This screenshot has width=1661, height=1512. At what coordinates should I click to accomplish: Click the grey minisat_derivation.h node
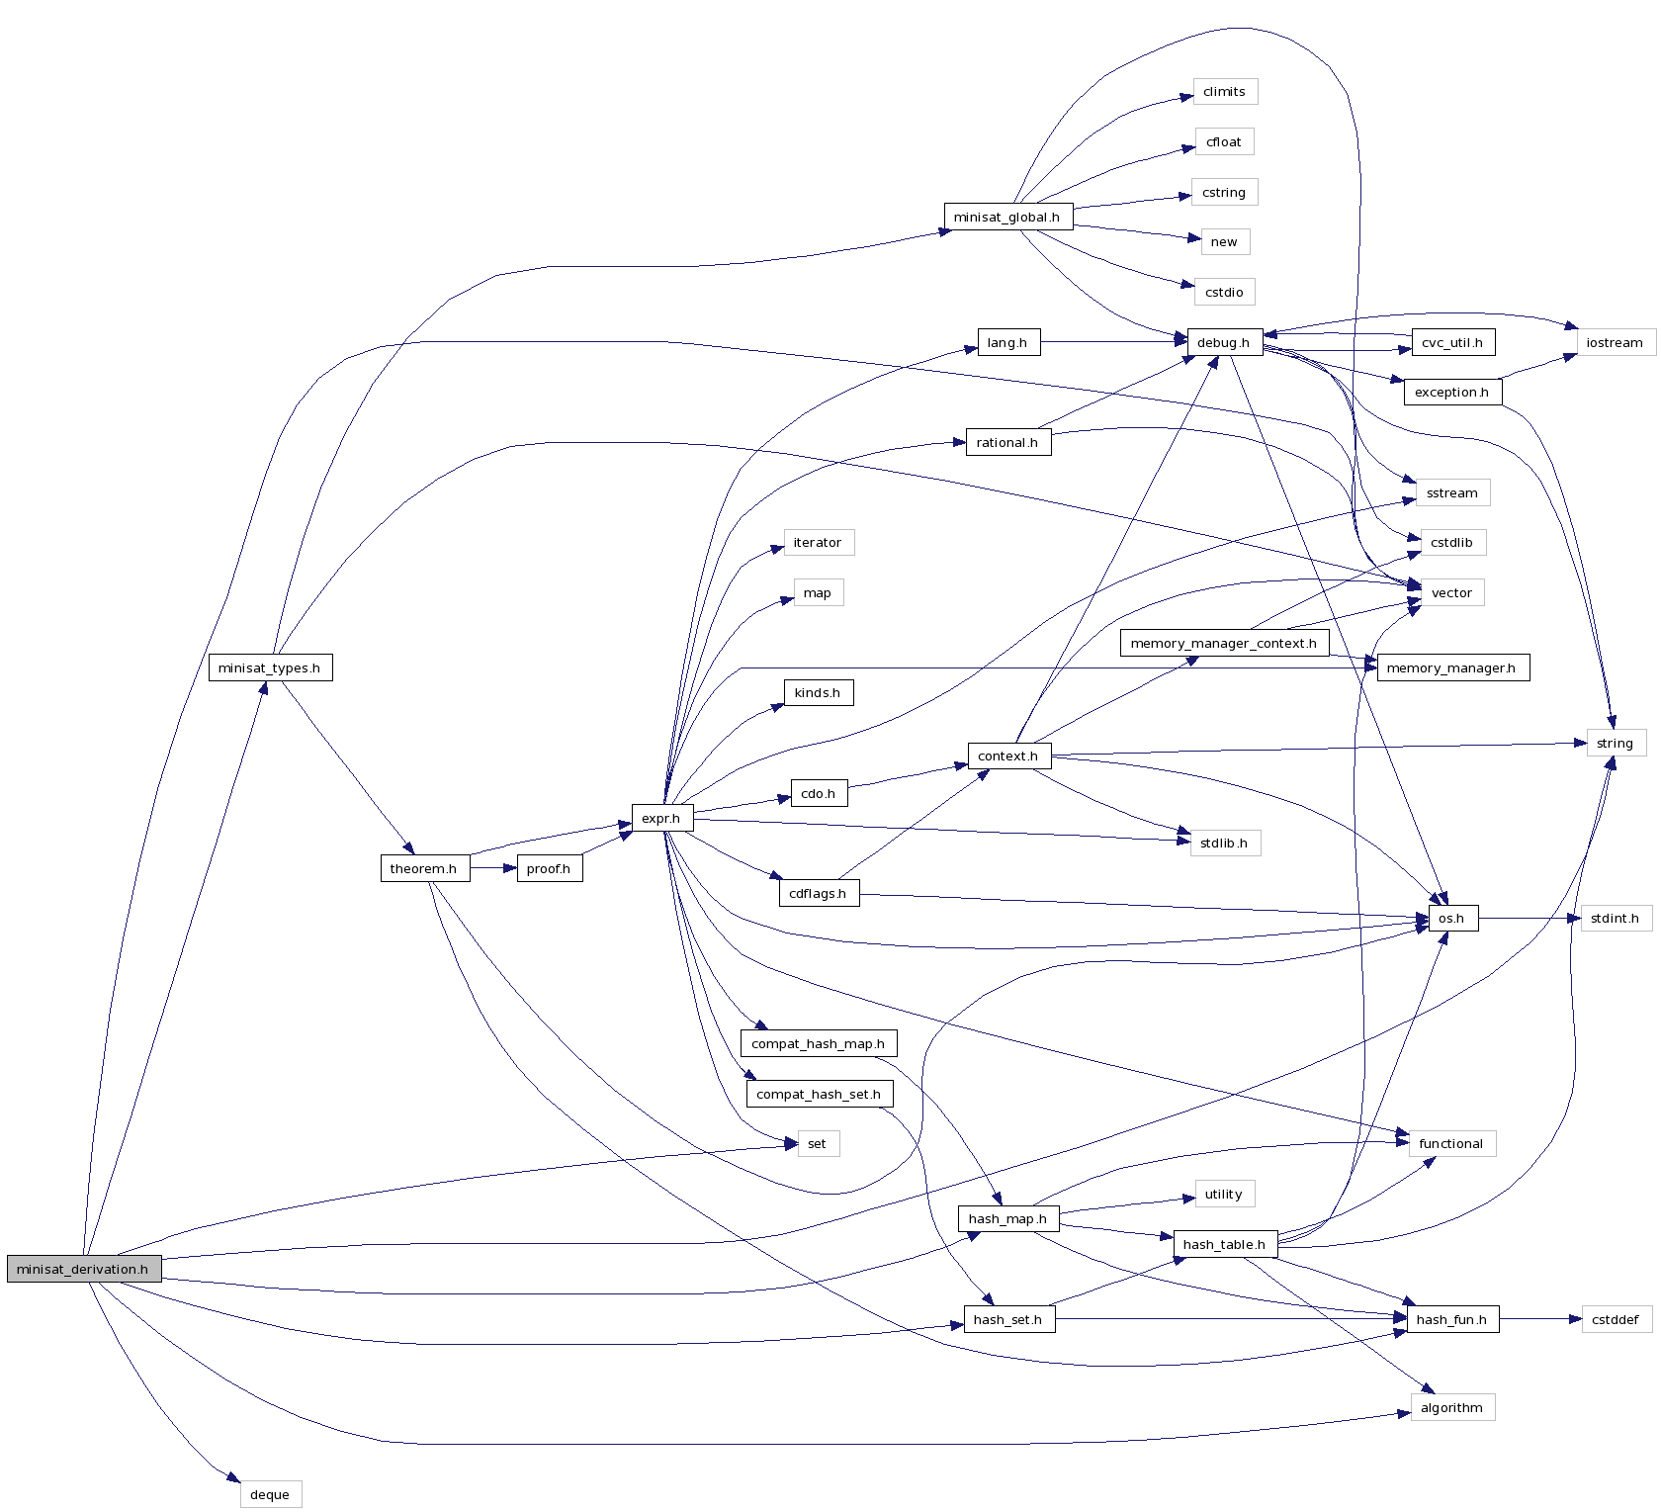point(83,1269)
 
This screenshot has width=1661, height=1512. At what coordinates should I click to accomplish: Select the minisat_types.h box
point(270,667)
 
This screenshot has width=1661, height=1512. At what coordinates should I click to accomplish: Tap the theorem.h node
point(424,868)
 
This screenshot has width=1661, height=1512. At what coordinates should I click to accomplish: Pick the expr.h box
point(661,818)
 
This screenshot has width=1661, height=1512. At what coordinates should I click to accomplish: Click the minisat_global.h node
point(1006,217)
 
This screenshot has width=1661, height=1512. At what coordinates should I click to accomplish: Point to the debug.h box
point(1224,342)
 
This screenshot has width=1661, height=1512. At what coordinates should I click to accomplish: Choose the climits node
point(1224,92)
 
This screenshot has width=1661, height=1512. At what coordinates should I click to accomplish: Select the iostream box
point(1615,342)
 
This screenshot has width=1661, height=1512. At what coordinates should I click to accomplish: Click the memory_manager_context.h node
point(1224,643)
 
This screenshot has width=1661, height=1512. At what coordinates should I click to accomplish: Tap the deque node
point(270,1494)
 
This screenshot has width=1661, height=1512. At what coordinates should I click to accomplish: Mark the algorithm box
point(1451,1407)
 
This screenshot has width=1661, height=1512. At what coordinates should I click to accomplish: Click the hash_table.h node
point(1224,1244)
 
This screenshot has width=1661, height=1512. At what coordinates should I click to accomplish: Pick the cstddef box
point(1615,1319)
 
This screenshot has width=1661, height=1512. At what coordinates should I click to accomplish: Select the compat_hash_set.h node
point(819,1094)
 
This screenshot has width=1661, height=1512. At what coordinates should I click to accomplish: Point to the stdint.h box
point(1615,918)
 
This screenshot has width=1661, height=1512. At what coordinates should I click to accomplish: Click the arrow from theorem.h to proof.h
point(493,868)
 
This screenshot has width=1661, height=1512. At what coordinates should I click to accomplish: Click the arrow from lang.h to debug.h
point(1112,342)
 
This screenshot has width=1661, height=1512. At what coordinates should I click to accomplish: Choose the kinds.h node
point(818,692)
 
